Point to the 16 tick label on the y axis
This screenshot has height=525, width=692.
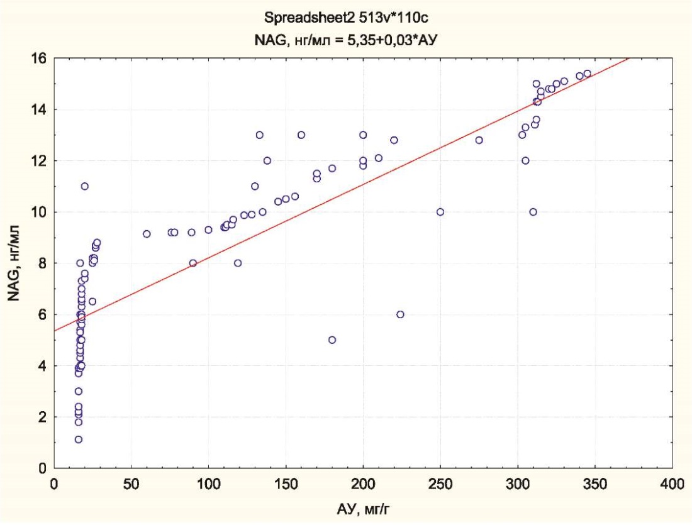(x=40, y=58)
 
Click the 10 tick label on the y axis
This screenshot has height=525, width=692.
(x=40, y=212)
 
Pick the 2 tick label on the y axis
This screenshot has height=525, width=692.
(x=43, y=417)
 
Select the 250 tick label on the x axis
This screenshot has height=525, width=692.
(x=440, y=484)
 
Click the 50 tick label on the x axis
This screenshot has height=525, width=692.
(x=131, y=484)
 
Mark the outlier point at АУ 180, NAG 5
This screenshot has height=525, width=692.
(x=332, y=340)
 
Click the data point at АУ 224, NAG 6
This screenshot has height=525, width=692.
(x=400, y=314)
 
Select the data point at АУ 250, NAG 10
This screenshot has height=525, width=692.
(x=440, y=212)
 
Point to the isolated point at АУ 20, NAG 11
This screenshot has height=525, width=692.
(x=84, y=186)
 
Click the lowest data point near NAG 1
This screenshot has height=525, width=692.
(x=78, y=439)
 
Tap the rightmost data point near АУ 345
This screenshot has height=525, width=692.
(x=588, y=74)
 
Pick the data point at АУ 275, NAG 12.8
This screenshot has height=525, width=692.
(x=479, y=140)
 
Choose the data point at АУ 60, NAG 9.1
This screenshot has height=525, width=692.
(x=147, y=234)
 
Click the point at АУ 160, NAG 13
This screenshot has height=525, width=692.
(x=301, y=135)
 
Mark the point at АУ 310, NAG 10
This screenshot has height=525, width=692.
(x=533, y=212)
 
